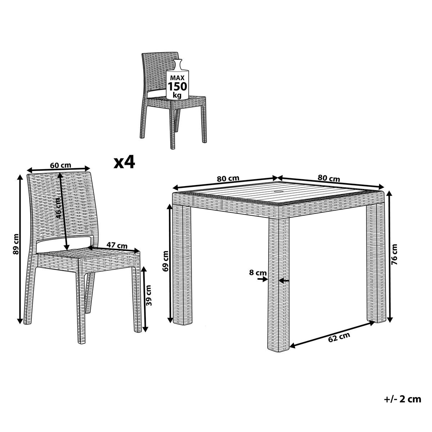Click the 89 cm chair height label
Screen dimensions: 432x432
tap(16, 244)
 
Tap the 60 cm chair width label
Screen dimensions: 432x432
tap(60, 166)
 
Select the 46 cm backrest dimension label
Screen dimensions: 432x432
tap(58, 208)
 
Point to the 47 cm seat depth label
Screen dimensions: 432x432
tap(117, 246)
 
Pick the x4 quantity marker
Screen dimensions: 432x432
tap(124, 162)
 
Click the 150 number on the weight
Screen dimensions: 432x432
tap(177, 86)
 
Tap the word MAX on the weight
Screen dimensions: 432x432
tap(177, 78)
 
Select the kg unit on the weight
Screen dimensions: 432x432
tap(177, 95)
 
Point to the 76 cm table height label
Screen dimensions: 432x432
tap(394, 255)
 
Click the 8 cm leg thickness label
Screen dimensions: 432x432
tap(258, 273)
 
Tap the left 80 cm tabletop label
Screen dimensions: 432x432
tap(228, 179)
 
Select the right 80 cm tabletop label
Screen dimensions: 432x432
tap(329, 178)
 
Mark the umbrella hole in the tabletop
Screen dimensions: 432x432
tap(280, 192)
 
